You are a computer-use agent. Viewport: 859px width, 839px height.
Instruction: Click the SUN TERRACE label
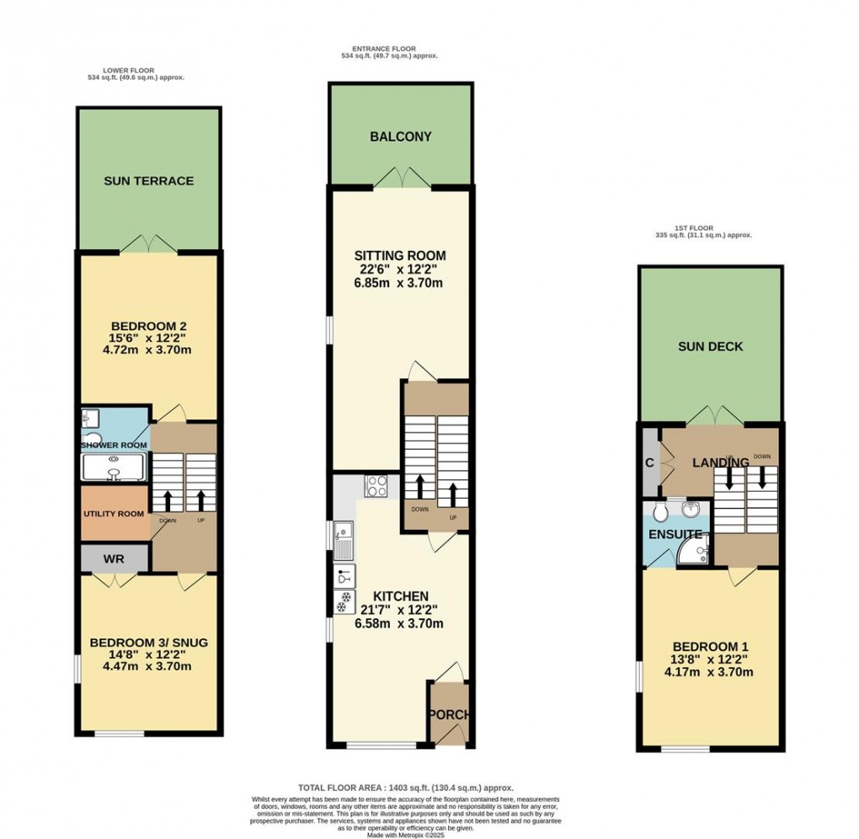coord(149,181)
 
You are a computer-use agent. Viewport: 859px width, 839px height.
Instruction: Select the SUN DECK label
coord(712,346)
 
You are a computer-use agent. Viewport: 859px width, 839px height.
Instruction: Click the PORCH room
coord(450,714)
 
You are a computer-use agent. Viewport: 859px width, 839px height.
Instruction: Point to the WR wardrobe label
coord(115,558)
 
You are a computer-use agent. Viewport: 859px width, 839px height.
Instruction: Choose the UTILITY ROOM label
coord(114,513)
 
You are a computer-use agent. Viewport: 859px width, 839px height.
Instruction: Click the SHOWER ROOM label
coord(114,445)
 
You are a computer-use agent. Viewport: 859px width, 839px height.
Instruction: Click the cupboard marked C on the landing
coord(649,462)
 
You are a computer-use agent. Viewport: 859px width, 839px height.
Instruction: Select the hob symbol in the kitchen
coord(375,485)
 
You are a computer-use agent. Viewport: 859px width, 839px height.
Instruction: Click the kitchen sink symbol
coord(344,539)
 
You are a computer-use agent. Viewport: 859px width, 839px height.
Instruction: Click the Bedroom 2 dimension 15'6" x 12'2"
coord(148,337)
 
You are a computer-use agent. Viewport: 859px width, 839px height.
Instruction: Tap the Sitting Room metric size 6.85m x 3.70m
coord(399,283)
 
